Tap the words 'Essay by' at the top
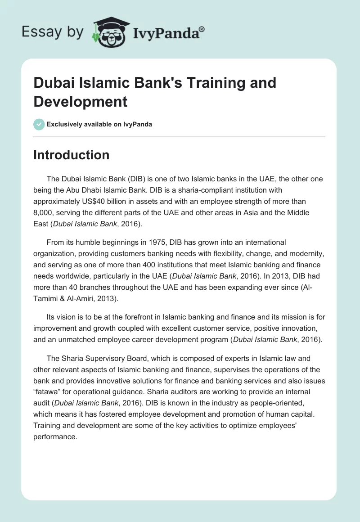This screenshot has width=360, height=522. point(53,31)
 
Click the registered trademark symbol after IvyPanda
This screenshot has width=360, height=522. point(202,29)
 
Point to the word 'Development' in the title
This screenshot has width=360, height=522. point(81,101)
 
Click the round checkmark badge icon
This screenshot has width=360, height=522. point(39,124)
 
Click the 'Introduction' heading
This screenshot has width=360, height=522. point(71,155)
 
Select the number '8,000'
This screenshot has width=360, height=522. point(44,213)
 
